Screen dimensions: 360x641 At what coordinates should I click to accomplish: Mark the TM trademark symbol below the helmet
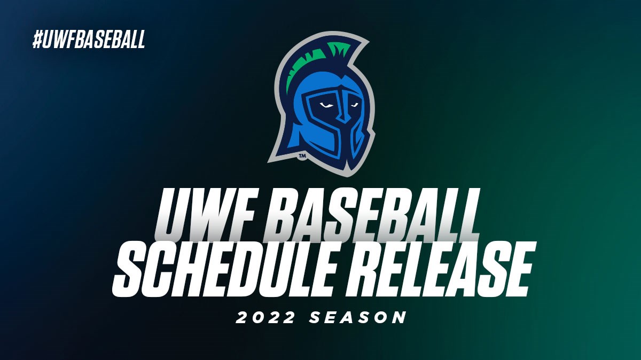302,156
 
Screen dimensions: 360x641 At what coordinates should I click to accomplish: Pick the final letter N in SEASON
398,318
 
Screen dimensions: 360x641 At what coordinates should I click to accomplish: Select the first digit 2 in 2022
242,318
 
